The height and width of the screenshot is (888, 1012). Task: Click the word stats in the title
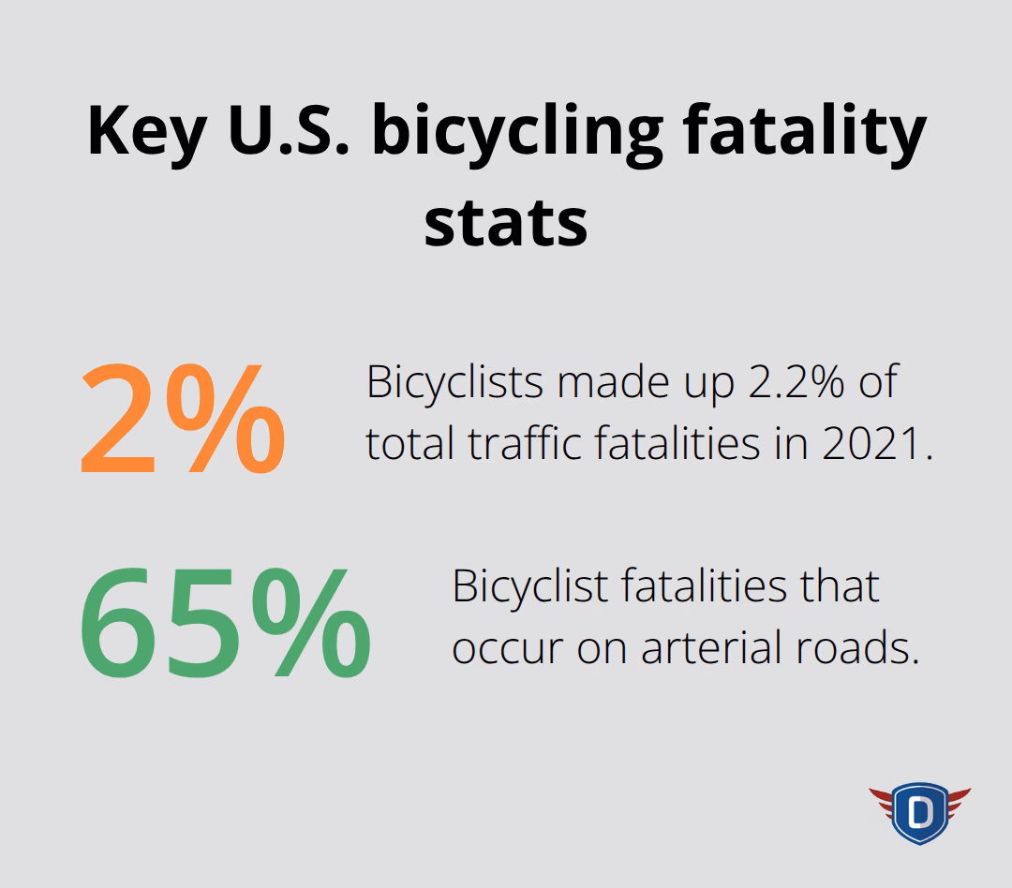(x=505, y=223)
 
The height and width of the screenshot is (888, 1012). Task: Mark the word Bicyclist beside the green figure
(x=529, y=587)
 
